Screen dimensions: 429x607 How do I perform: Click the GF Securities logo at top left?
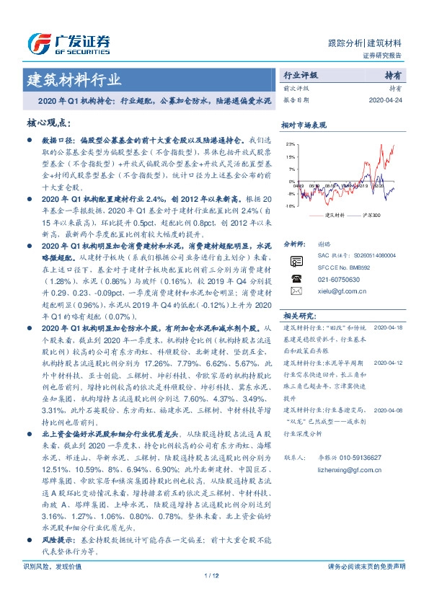point(68,43)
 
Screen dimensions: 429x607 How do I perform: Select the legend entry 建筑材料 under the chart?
point(333,216)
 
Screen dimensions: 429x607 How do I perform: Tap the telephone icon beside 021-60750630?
point(296,276)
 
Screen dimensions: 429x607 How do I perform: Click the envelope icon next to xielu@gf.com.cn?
point(296,291)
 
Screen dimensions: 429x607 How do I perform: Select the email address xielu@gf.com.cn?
point(338,291)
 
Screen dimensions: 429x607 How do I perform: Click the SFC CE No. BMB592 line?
point(346,265)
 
